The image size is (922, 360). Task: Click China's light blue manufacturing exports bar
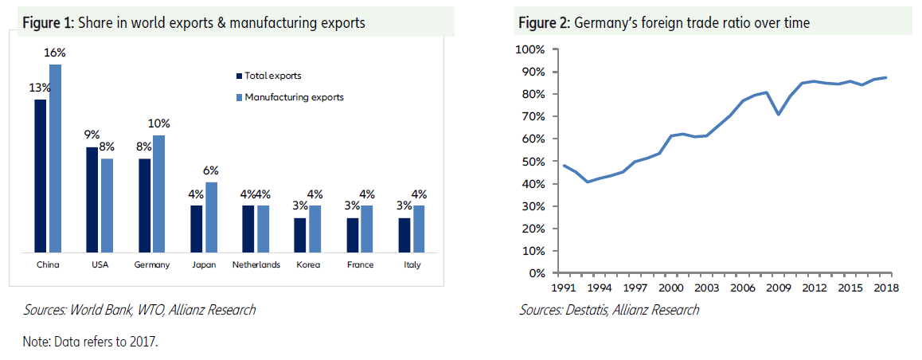pos(56,159)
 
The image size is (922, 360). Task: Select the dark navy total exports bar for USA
pos(92,199)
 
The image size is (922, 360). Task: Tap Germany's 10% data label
pos(159,123)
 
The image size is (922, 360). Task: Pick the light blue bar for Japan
pos(211,217)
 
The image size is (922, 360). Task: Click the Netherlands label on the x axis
pos(256,265)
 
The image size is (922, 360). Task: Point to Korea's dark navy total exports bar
pos(299,235)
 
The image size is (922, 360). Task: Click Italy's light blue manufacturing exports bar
pos(419,229)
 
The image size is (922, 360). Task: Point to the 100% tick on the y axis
pos(530,49)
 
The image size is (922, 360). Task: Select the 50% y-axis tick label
pos(533,162)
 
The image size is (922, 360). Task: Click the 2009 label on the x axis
pos(778,288)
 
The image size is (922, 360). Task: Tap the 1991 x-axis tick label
pos(565,288)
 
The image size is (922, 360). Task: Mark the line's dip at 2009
pos(778,114)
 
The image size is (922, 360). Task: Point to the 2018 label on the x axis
pos(886,288)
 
